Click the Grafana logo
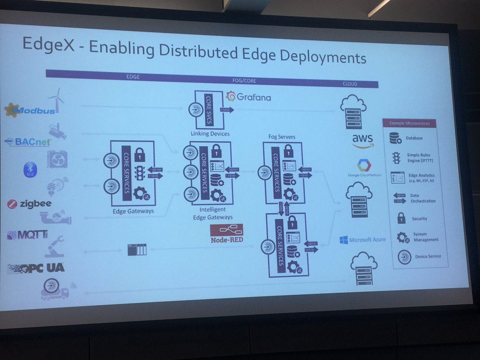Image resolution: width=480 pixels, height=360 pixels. tap(248, 96)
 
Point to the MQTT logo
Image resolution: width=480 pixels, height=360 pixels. tap(27, 235)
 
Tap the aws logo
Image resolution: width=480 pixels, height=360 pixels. tap(362, 140)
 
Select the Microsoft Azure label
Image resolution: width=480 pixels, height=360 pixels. tap(363, 240)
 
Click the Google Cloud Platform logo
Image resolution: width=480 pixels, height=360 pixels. tap(364, 168)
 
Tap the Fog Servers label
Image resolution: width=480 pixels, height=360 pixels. tap(282, 137)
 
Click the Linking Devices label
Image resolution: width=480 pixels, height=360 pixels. tap(210, 133)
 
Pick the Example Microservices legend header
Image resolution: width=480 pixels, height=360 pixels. tap(409, 123)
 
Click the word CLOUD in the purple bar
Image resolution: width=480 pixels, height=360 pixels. tap(350, 84)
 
